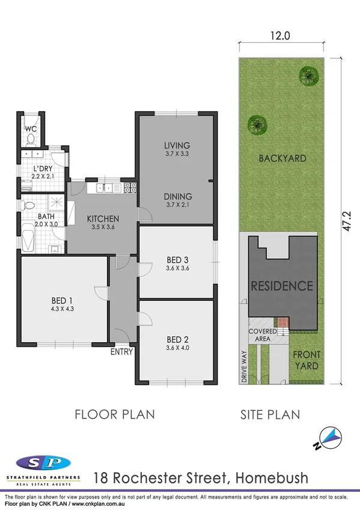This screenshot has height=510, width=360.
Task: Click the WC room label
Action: point(29,129)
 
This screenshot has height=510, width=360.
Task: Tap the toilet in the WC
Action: point(30,140)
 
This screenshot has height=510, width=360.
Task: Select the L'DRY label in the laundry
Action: point(41,169)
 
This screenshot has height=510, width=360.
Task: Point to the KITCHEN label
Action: point(103,218)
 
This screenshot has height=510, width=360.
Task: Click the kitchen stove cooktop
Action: point(129,188)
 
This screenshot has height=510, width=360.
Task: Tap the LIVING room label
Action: point(177,145)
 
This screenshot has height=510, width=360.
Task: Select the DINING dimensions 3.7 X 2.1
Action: point(177,205)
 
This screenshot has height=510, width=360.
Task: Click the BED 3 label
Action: point(178,260)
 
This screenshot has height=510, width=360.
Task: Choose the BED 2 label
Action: point(178,338)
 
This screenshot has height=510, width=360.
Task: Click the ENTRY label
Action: point(121,352)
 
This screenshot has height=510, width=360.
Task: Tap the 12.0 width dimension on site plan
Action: point(280,35)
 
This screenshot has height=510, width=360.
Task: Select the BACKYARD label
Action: point(282,159)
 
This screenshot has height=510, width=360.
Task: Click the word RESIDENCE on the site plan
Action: point(282,286)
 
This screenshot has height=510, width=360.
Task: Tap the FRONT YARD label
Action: point(306,360)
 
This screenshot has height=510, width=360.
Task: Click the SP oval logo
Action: point(43,462)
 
